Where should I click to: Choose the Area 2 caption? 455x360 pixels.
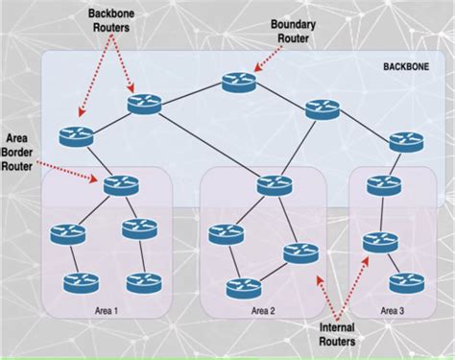[x=262, y=310]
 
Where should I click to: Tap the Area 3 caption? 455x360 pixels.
[x=393, y=310]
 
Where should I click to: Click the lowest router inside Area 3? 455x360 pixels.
[x=404, y=282]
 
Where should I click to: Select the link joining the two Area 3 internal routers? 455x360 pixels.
[x=392, y=261]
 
